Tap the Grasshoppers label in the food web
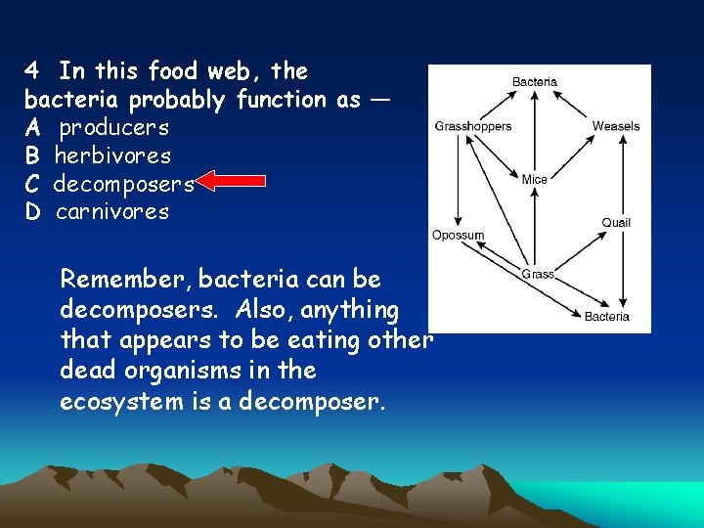472,126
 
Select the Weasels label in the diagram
616,126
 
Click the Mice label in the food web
535,179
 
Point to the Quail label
616,223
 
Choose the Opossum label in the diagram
459,235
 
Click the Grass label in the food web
538,274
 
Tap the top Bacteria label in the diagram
535,82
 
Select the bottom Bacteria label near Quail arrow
607,316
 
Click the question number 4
32,71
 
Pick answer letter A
32,128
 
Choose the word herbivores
112,155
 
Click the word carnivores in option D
112,212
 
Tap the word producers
113,128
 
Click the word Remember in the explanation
125,280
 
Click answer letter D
32,212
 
